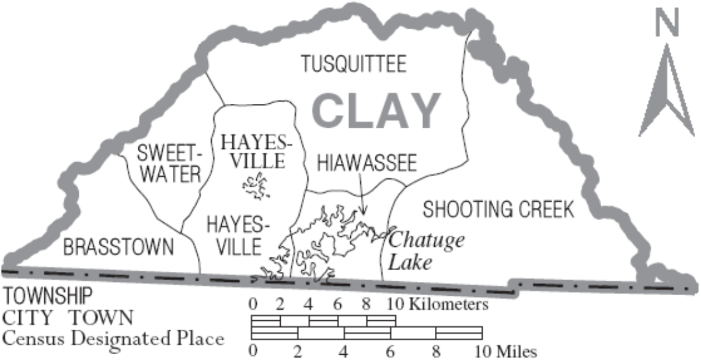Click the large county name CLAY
[377, 110]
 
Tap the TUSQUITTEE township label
[353, 64]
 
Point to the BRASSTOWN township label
[118, 247]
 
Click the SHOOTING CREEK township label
[498, 209]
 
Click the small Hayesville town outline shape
[256, 187]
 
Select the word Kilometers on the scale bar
[448, 304]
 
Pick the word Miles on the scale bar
[517, 352]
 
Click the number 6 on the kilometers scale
[337, 304]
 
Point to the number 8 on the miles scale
[435, 352]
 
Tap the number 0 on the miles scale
[252, 352]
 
